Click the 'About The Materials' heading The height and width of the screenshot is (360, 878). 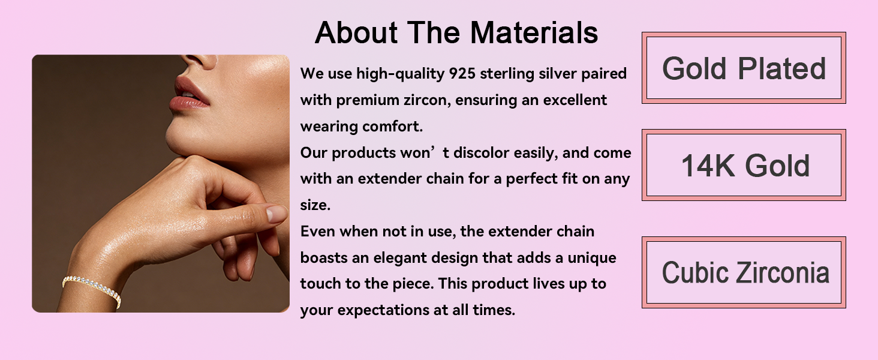pyautogui.click(x=456, y=32)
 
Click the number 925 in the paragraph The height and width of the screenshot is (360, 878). pyautogui.click(x=462, y=73)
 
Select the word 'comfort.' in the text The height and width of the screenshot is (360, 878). pyautogui.click(x=392, y=126)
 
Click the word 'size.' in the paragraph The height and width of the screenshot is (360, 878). pyautogui.click(x=315, y=205)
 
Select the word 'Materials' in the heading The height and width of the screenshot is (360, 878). pyautogui.click(x=534, y=32)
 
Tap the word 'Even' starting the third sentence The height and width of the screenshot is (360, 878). pyautogui.click(x=317, y=232)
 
